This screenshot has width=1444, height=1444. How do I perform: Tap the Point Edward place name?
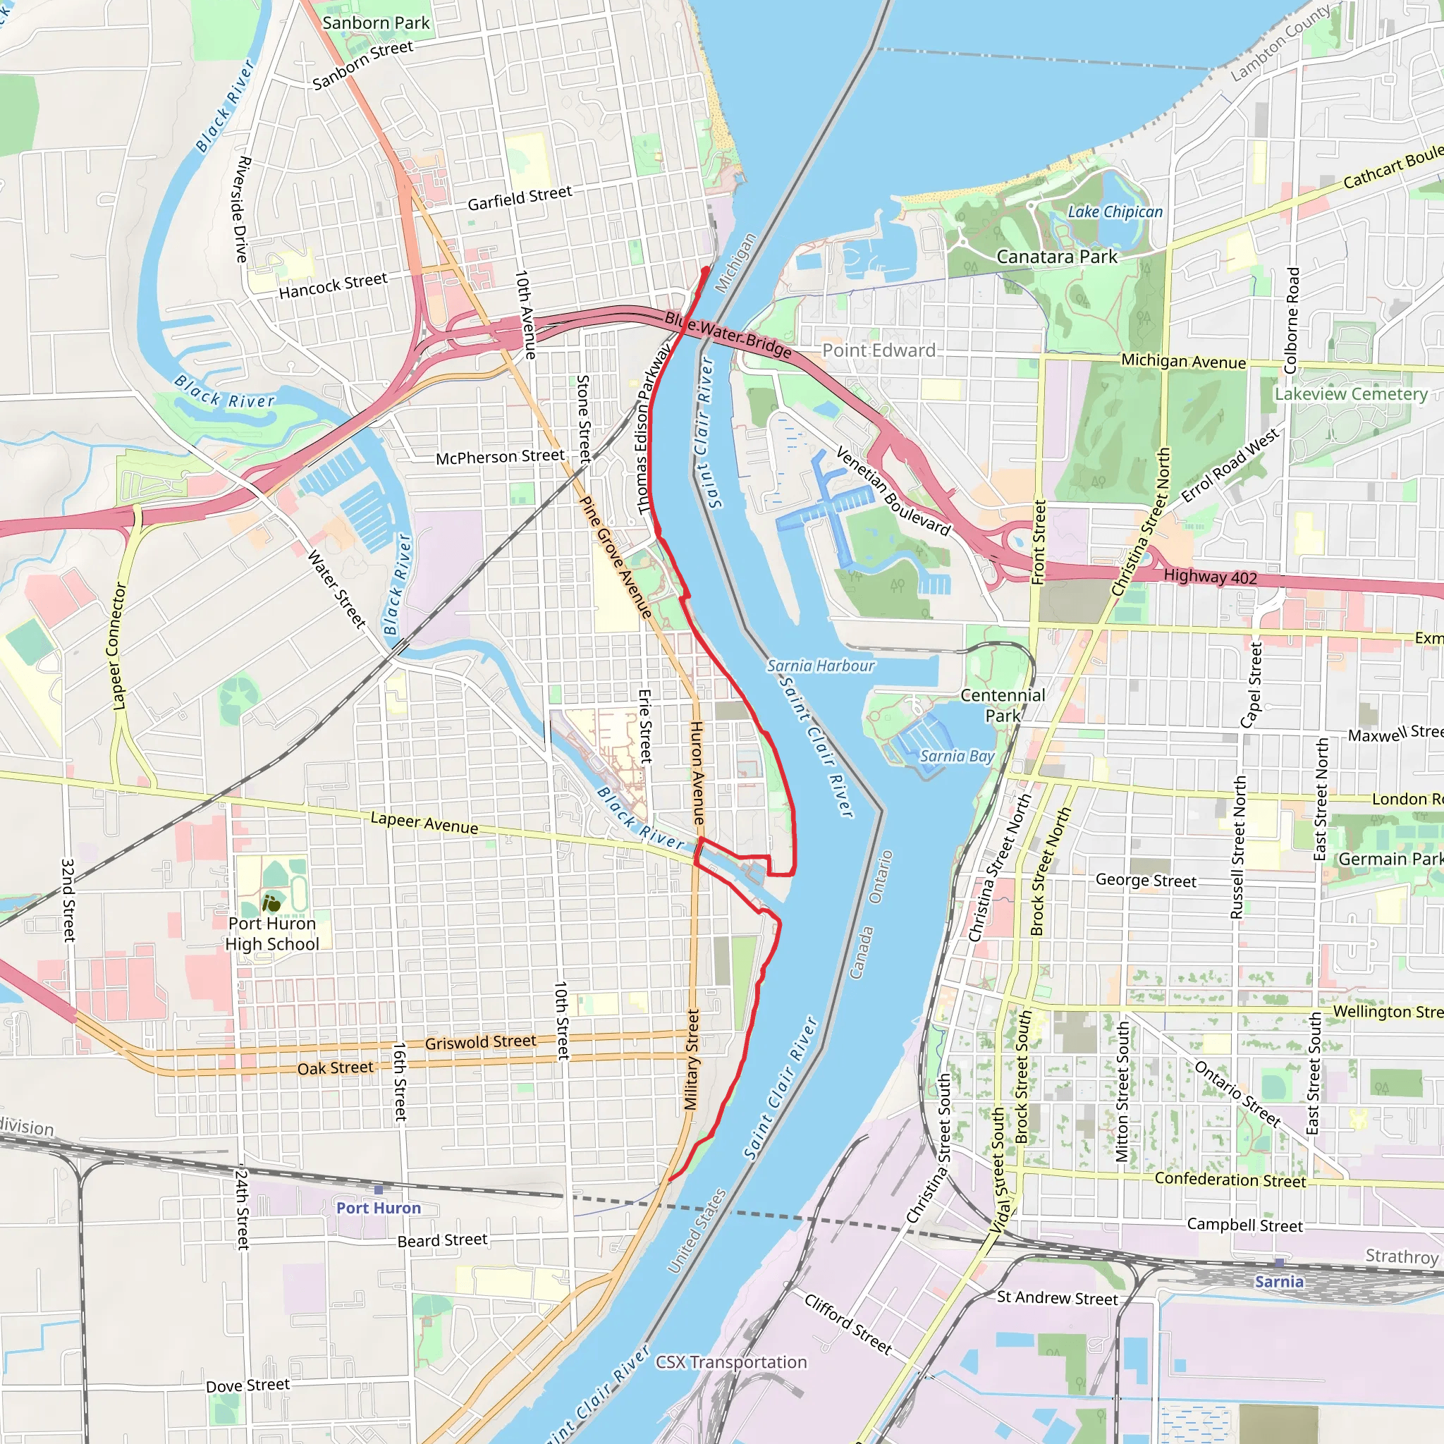click(x=879, y=350)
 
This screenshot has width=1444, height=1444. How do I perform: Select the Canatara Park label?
click(x=1056, y=257)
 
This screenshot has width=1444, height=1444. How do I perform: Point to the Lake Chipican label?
click(x=1115, y=212)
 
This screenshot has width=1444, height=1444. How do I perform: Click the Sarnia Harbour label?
click(x=820, y=666)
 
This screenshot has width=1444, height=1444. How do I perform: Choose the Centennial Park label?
click(x=1003, y=706)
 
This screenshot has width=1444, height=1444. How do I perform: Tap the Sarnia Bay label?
click(x=957, y=757)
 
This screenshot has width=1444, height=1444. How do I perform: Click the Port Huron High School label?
click(x=272, y=934)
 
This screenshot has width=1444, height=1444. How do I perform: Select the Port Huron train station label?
click(x=378, y=1208)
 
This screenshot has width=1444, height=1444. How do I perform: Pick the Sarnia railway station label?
click(x=1279, y=1282)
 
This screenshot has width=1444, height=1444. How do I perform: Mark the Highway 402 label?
click(x=1210, y=576)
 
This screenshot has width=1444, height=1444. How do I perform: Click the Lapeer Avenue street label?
click(x=424, y=823)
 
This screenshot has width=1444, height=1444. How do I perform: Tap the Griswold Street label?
click(x=481, y=1042)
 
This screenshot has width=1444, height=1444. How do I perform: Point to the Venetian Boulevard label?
click(x=893, y=491)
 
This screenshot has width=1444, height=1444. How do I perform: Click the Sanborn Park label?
click(x=376, y=23)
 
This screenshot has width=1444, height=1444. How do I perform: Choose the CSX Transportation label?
click(x=731, y=1362)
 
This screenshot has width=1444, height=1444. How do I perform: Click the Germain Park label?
click(x=1390, y=859)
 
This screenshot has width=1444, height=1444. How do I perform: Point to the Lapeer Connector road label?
click(x=120, y=647)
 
